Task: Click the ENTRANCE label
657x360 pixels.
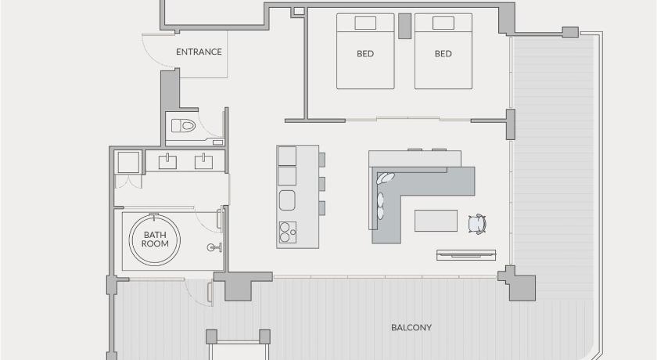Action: (x=199, y=52)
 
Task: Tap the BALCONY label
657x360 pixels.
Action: (x=411, y=327)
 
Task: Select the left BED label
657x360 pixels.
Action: (x=365, y=54)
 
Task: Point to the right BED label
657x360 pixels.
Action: (x=443, y=54)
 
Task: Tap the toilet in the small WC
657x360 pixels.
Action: (x=184, y=125)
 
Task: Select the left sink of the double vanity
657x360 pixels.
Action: (x=167, y=162)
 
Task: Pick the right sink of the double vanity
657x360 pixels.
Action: (x=203, y=162)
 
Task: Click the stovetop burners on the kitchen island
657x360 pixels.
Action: (x=288, y=232)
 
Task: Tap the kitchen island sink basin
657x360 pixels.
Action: (x=287, y=200)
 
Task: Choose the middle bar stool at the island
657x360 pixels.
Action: (x=321, y=184)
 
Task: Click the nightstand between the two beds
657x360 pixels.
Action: (x=404, y=26)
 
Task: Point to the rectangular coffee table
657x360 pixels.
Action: (x=436, y=221)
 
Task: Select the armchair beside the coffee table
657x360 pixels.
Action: (x=477, y=223)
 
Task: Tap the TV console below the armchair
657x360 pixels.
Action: (x=466, y=255)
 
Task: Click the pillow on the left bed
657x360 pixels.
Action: (x=365, y=23)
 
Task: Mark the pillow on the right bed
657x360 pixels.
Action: (x=443, y=23)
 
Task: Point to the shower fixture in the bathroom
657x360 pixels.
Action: (x=214, y=247)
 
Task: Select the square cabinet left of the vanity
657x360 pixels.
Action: (x=128, y=162)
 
